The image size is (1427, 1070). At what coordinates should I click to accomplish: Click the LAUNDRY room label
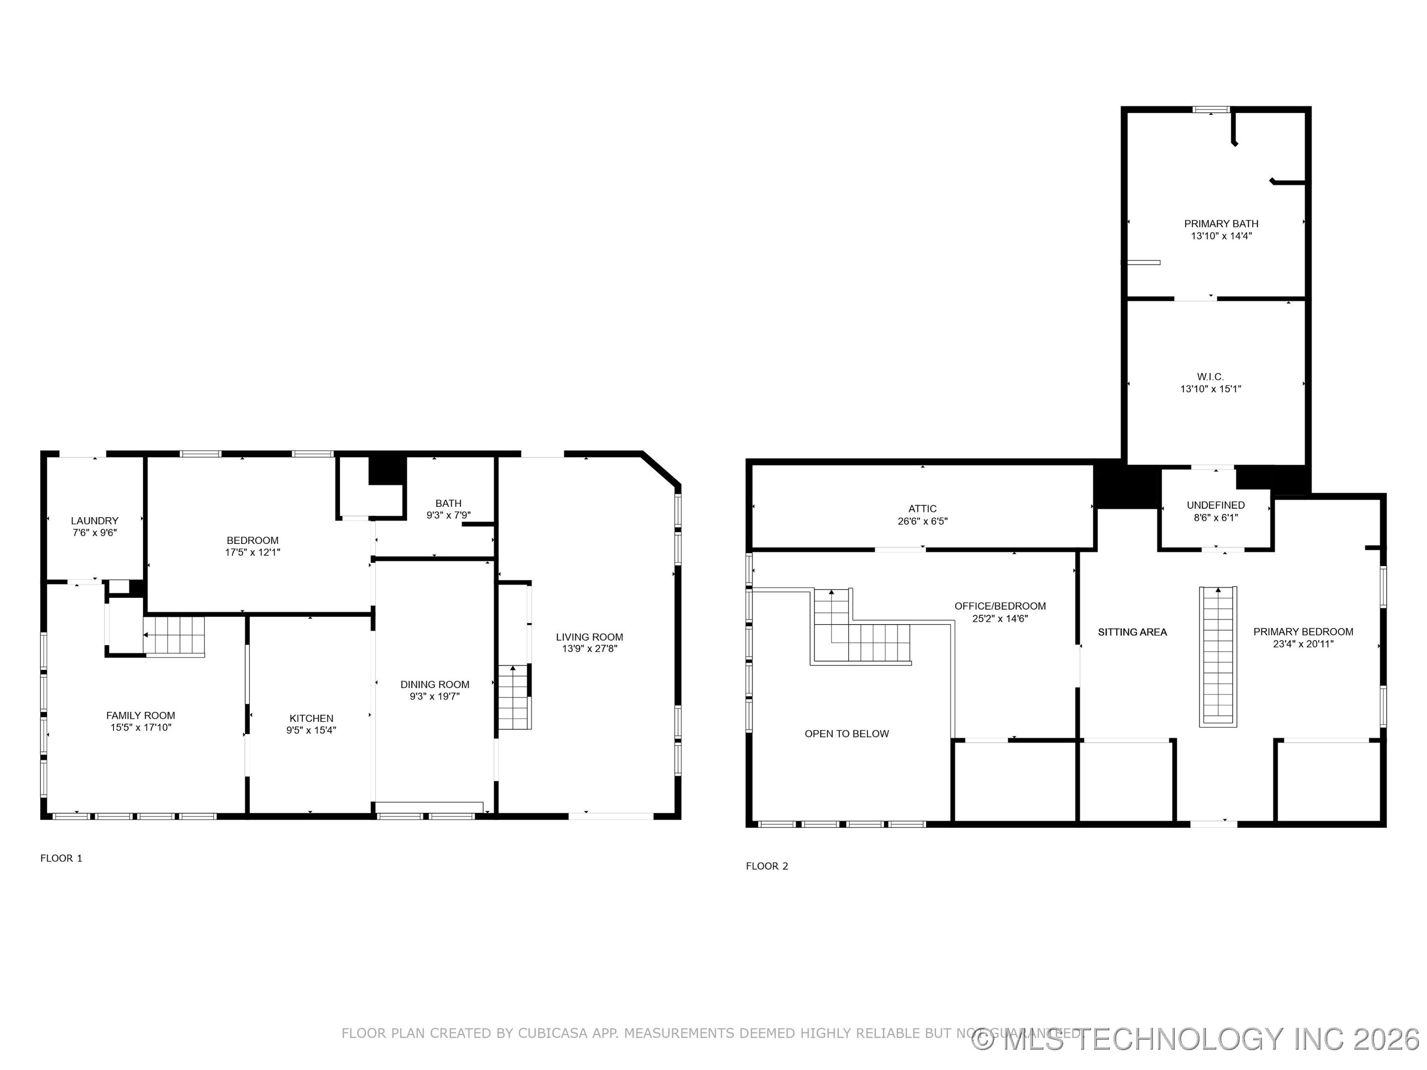coord(95,521)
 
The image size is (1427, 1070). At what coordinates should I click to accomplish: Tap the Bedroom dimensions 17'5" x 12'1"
coord(252,553)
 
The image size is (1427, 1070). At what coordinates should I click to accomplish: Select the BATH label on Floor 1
coord(448,503)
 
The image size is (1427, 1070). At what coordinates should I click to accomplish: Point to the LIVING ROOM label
coord(589,637)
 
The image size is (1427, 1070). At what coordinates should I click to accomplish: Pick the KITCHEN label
coord(311,718)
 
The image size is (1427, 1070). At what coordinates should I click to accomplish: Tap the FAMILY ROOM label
coord(141,715)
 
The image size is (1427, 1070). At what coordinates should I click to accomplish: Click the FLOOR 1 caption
coord(61,858)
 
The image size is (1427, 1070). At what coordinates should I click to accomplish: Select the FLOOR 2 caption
coord(767,866)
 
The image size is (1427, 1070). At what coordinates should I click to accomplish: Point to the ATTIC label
coord(922,509)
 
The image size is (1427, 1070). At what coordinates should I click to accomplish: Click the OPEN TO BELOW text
coord(846,734)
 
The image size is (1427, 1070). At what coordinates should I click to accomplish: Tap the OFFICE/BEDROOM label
coord(1000,606)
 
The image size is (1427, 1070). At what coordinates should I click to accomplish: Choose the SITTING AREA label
coord(1132,632)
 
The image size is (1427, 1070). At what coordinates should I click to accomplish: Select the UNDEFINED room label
coord(1215,505)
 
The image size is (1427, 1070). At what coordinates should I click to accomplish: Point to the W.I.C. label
coord(1210,376)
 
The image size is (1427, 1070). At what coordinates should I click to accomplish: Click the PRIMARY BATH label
coord(1220,224)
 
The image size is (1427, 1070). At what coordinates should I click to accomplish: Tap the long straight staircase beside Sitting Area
coord(1218,656)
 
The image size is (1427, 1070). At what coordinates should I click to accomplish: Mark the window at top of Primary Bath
coord(1211,109)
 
